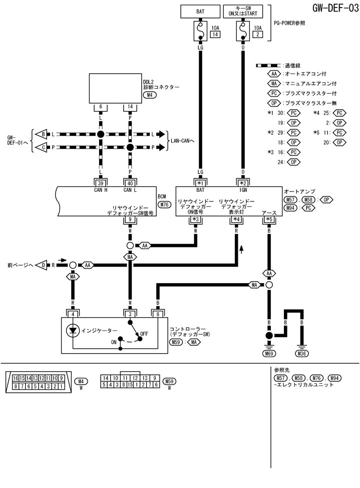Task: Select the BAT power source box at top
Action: [201, 9]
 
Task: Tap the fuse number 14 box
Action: [215, 35]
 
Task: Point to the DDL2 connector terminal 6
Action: [101, 107]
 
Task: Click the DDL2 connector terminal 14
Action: [130, 107]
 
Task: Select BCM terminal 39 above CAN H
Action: [101, 183]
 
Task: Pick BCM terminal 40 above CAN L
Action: [130, 183]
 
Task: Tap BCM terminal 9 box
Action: [130, 219]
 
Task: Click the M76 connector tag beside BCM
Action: [164, 204]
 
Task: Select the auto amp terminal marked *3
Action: [196, 219]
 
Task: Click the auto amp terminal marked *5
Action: [269, 219]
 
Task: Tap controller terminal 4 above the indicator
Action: [73, 314]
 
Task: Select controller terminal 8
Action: [158, 314]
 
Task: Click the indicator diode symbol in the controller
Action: [73, 330]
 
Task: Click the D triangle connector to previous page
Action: [43, 265]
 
